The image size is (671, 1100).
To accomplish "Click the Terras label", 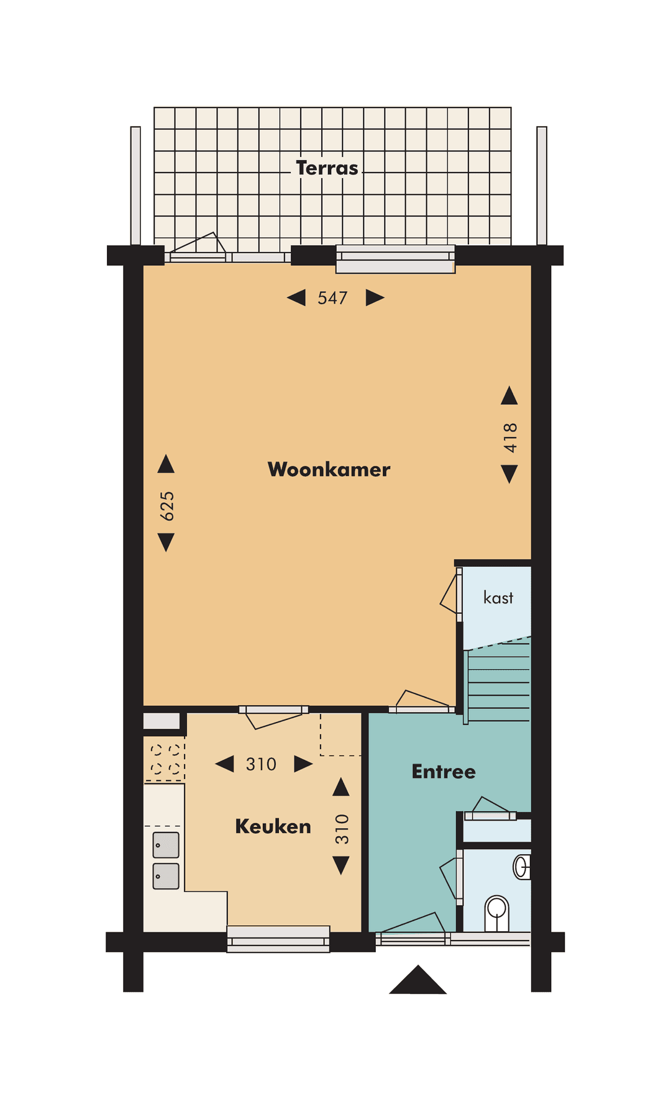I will click(327, 168).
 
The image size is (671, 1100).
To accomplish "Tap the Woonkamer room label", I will click(329, 469).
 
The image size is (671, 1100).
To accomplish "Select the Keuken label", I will click(273, 826).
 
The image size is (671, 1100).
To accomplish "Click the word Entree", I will click(444, 772).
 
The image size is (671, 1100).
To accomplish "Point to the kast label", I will click(498, 598).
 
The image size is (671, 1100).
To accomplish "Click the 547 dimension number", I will click(332, 298).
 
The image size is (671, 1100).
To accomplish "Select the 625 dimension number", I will click(167, 506).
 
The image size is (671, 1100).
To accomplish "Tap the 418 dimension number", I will click(510, 438).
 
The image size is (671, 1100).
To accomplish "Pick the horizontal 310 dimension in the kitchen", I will click(261, 764).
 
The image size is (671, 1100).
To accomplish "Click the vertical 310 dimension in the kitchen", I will click(342, 829).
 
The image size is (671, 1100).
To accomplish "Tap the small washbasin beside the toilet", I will click(522, 867).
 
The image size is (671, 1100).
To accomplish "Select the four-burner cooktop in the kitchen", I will click(165, 759).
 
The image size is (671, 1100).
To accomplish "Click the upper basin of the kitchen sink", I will click(166, 845).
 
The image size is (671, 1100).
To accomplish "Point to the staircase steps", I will click(499, 683).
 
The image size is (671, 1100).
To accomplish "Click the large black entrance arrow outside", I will click(418, 981).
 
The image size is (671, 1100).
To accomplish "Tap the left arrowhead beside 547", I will click(296, 298).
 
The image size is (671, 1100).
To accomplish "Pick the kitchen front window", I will click(278, 939).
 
